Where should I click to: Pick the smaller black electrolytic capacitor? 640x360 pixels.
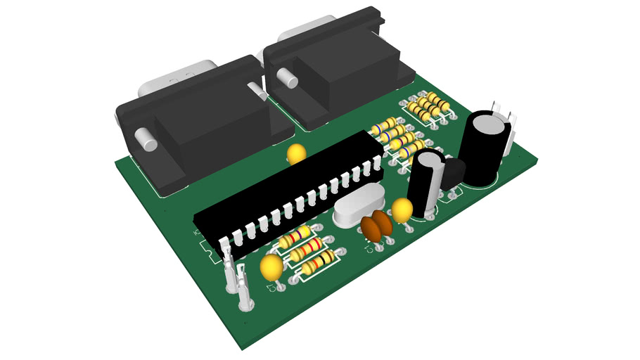point(426,181)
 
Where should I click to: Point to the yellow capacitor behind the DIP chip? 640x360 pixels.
point(297,153)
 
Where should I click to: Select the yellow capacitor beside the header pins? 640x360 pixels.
point(271,267)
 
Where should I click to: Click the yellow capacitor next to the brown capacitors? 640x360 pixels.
point(402,210)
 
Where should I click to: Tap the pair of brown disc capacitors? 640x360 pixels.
point(376,226)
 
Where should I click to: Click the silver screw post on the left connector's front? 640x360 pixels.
point(146,138)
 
